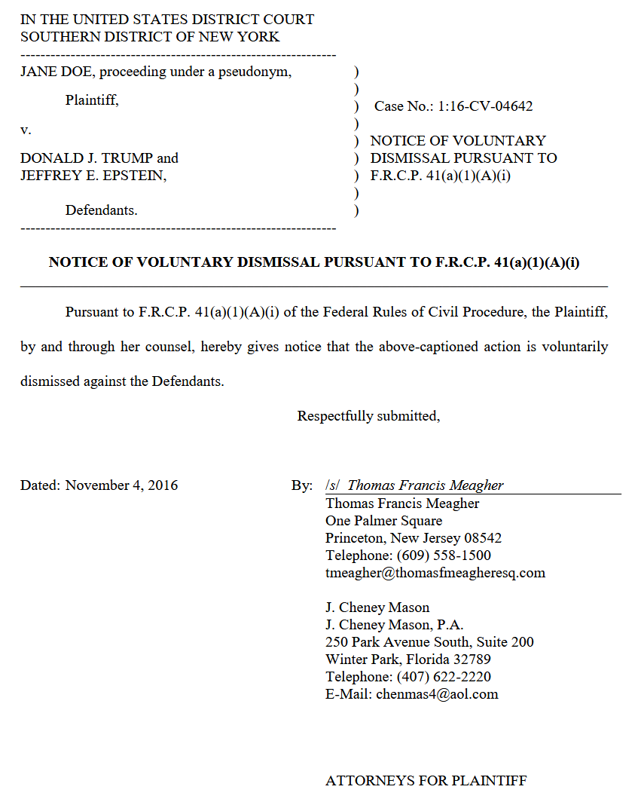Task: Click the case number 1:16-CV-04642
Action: click(x=485, y=106)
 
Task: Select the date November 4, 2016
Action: click(x=121, y=485)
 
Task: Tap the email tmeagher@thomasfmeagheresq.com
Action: click(x=435, y=573)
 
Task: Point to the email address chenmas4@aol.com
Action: click(x=437, y=694)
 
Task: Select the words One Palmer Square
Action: click(x=383, y=521)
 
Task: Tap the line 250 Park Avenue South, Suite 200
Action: click(x=429, y=642)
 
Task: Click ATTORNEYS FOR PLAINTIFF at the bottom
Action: click(x=426, y=781)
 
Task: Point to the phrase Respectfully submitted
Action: click(x=368, y=416)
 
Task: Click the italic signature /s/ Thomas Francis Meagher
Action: click(x=414, y=485)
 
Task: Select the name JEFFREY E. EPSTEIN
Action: click(x=93, y=176)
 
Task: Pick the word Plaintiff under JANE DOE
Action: click(x=92, y=99)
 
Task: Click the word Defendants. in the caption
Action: click(x=101, y=210)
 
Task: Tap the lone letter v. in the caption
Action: click(x=26, y=130)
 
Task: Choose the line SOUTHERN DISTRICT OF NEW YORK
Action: click(x=149, y=36)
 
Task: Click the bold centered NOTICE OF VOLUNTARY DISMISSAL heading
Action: click(x=313, y=262)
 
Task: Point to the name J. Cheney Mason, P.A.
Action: click(x=394, y=625)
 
